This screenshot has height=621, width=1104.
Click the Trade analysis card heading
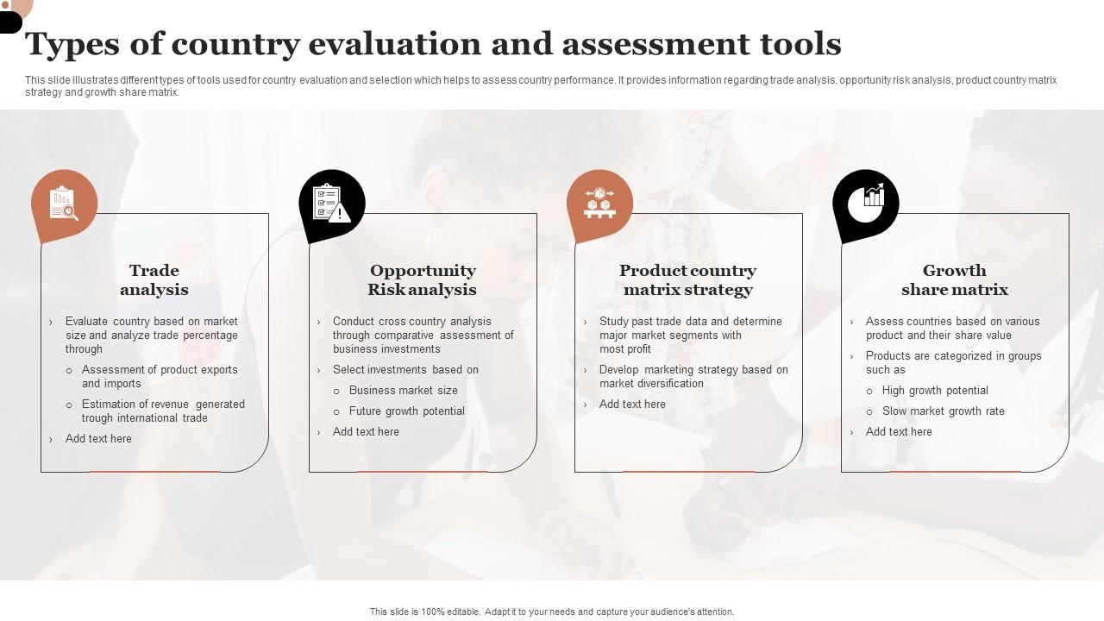click(154, 280)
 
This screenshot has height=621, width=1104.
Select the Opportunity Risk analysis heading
click(423, 280)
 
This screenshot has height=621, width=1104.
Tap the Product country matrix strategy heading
click(687, 280)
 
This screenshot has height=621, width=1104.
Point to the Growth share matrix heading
click(954, 280)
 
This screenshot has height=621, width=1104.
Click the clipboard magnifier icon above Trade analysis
click(64, 204)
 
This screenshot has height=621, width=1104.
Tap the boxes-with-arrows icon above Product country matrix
click(599, 203)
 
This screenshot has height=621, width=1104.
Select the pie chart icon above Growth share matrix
click(866, 204)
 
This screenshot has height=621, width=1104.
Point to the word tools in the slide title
click(799, 44)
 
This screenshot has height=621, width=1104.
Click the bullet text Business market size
click(404, 391)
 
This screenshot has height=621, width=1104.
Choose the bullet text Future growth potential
click(407, 411)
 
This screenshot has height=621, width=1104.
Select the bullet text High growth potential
click(935, 391)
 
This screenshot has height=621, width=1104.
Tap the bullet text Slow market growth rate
click(943, 411)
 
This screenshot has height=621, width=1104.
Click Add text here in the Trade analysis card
click(98, 439)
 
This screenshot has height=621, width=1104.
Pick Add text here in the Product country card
click(632, 405)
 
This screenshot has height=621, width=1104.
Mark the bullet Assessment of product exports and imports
click(160, 377)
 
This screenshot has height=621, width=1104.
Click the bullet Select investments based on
click(405, 370)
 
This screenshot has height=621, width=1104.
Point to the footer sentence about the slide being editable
click(552, 612)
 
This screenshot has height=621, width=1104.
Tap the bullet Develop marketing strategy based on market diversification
click(693, 377)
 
